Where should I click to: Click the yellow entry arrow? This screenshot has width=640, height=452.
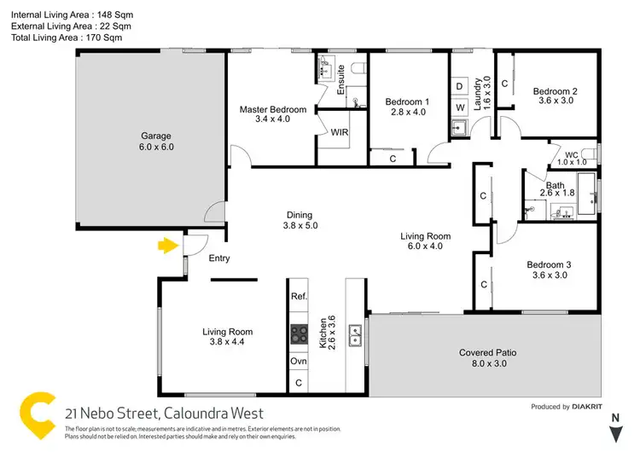coord(168,246)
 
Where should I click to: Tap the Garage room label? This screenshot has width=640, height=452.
coord(156,141)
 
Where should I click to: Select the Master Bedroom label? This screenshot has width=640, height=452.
coord(272,114)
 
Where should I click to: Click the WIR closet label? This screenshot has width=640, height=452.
coord(339,133)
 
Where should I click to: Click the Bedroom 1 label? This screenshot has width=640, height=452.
coord(406,107)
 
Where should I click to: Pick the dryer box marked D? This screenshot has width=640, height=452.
coord(459,87)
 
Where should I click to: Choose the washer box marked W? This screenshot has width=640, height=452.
coord(459,107)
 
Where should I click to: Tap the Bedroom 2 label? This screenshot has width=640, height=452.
coord(556,96)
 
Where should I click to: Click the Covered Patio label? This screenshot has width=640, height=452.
coord(487,358)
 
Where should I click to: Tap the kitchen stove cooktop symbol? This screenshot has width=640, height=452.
coord(299,333)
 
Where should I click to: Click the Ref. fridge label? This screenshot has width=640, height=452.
coord(299,297)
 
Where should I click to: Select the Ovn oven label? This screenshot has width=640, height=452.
coord(299,361)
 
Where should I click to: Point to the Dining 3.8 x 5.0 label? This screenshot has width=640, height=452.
coord(300,220)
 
